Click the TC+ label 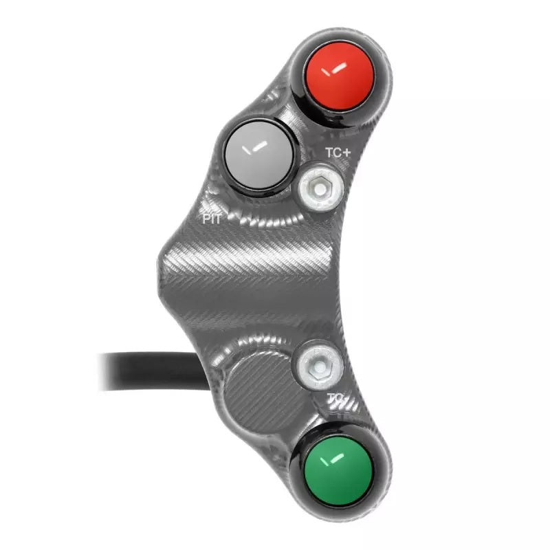[338, 154]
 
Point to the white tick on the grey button [256, 145]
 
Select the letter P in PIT [205, 218]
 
